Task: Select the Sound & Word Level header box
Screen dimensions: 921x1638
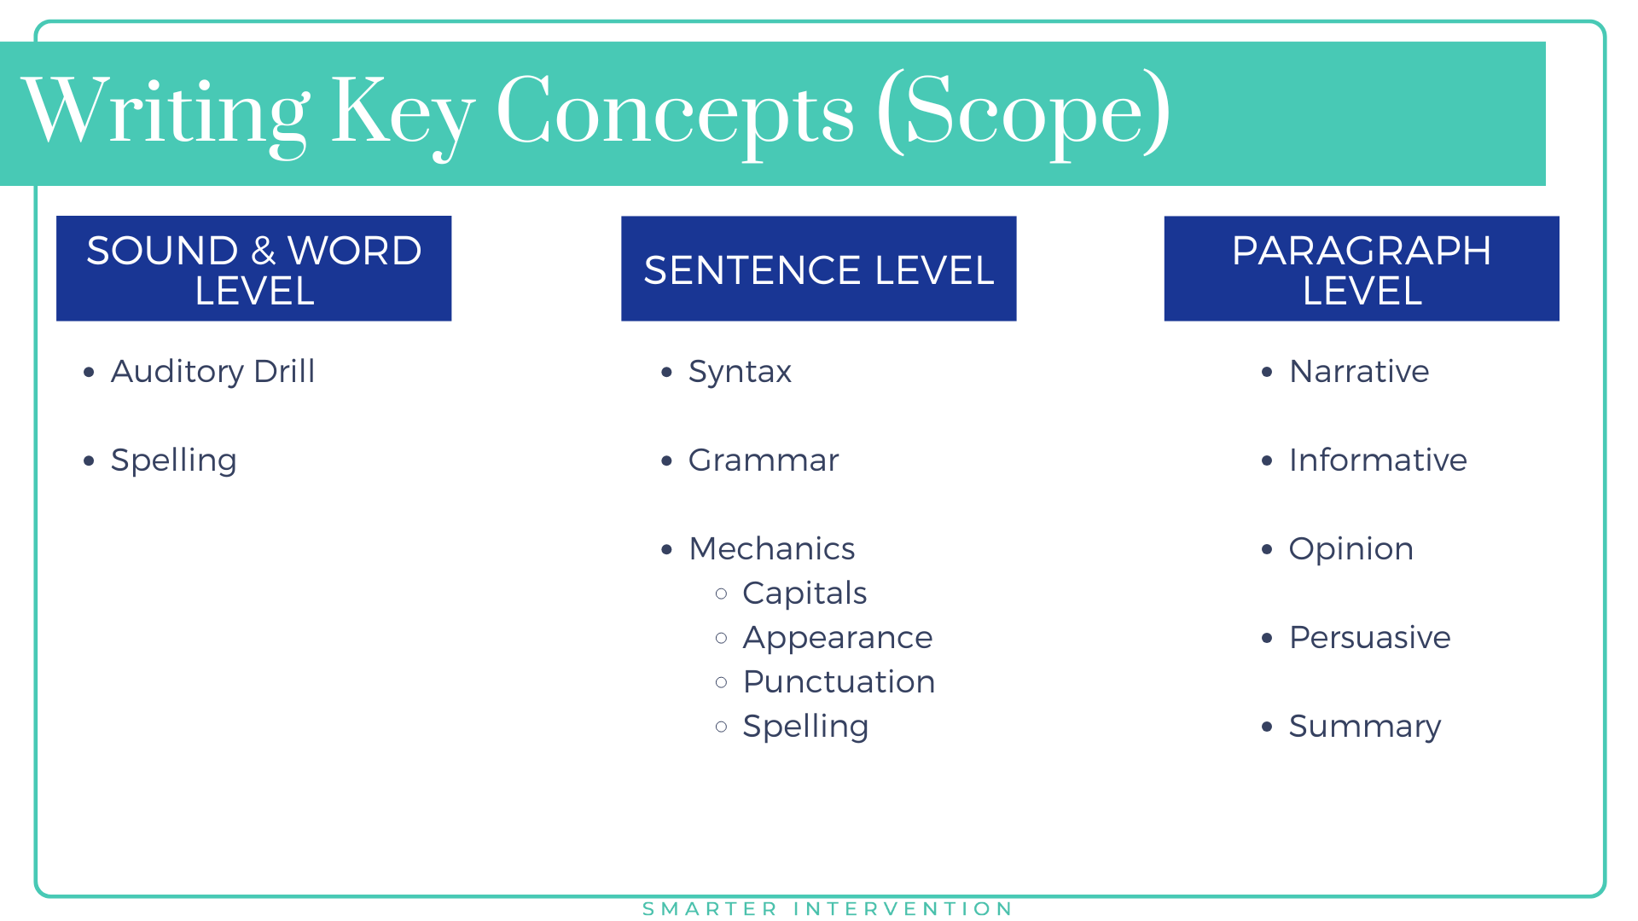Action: (x=253, y=269)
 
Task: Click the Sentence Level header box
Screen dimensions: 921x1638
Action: (x=818, y=269)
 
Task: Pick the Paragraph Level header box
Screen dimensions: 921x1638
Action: (x=1361, y=269)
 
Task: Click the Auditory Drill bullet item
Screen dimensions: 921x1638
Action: (x=212, y=372)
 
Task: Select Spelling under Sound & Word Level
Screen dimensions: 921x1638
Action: (x=173, y=460)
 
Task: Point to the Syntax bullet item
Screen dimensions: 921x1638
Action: (x=740, y=372)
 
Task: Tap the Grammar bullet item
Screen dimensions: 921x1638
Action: (x=764, y=460)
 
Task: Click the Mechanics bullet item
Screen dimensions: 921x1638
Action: (x=771, y=549)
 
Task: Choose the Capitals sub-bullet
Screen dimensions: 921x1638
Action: (x=804, y=594)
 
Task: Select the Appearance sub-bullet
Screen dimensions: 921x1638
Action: (x=837, y=638)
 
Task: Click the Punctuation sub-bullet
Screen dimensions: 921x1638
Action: (x=839, y=682)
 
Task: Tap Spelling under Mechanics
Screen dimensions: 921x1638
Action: (x=805, y=727)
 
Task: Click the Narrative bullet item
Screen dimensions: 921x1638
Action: (x=1358, y=372)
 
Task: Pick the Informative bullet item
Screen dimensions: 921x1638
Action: (x=1377, y=460)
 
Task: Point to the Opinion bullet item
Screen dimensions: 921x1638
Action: (x=1350, y=549)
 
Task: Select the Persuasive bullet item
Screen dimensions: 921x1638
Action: (x=1369, y=638)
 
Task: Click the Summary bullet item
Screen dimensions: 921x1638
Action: (x=1364, y=727)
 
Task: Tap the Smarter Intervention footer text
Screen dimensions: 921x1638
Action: (x=827, y=909)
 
